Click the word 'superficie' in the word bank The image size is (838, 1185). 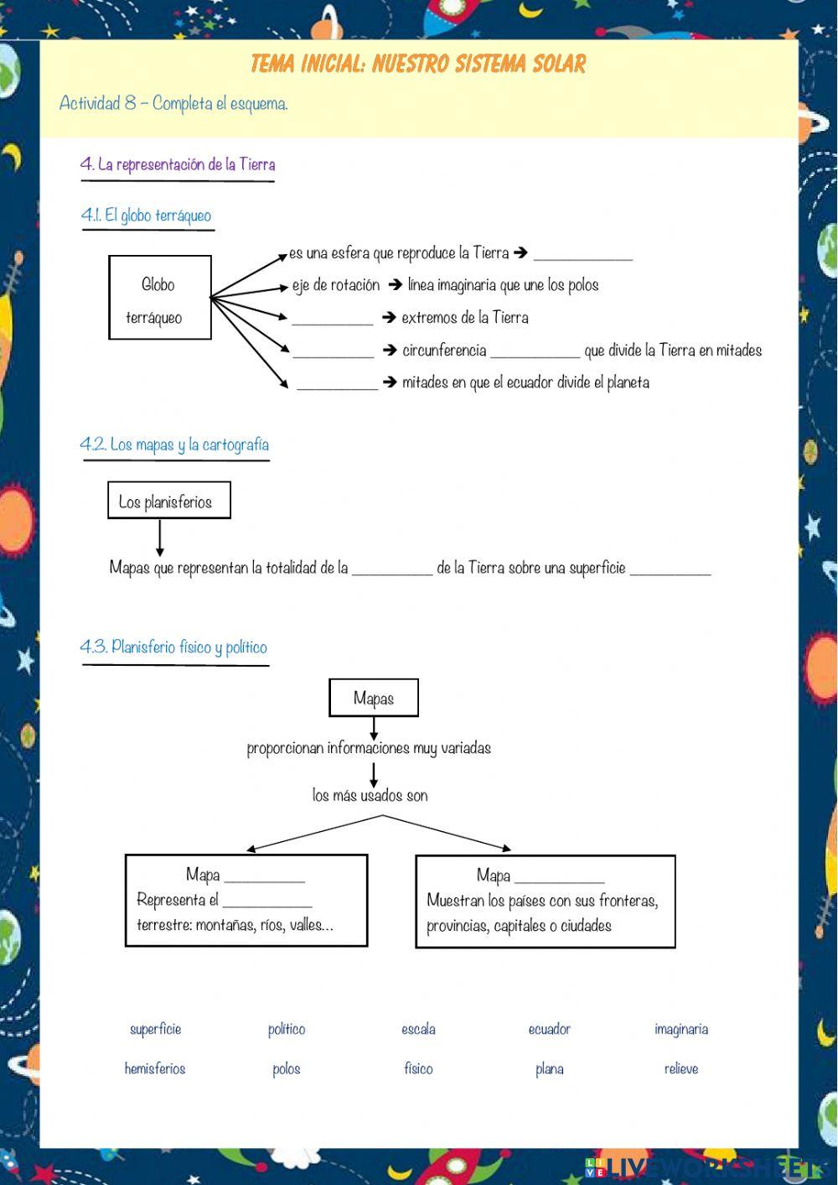(155, 1029)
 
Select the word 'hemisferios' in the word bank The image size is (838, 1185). (155, 1068)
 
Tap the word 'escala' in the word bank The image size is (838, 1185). (418, 1029)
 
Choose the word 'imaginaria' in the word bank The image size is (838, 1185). (680, 1029)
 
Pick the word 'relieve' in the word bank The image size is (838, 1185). (680, 1068)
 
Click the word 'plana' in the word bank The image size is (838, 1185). (550, 1068)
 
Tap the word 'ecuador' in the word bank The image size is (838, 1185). (550, 1029)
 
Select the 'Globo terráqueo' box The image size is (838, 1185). (160, 298)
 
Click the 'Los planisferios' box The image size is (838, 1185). (168, 501)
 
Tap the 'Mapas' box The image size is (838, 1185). (374, 698)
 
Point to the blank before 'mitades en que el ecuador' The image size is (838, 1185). (338, 384)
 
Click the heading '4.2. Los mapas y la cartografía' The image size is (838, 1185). (174, 444)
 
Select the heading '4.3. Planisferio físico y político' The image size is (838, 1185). (173, 647)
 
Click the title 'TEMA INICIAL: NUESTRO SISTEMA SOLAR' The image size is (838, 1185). (418, 64)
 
